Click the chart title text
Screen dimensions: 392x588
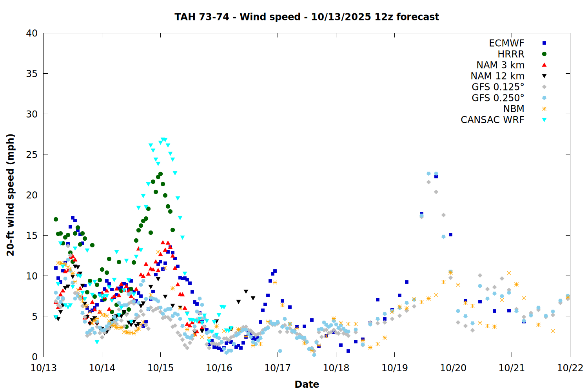307,17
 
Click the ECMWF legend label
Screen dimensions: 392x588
506,43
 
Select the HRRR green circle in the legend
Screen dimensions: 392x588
544,54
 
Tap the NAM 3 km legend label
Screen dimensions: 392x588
500,65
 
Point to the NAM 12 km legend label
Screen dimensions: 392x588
497,76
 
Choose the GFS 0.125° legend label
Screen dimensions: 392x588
498,87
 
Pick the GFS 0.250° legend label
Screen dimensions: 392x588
498,98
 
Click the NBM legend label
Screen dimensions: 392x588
514,109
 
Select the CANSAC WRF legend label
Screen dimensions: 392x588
492,120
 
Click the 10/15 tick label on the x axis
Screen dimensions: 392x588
160,368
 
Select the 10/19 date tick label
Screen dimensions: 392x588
394,368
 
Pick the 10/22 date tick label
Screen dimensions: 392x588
570,368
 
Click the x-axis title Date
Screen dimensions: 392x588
307,384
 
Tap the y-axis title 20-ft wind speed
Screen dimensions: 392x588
11,195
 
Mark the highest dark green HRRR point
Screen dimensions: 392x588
160,174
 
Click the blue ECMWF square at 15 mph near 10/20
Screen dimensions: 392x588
450,235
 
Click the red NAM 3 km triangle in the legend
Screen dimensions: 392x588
544,65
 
